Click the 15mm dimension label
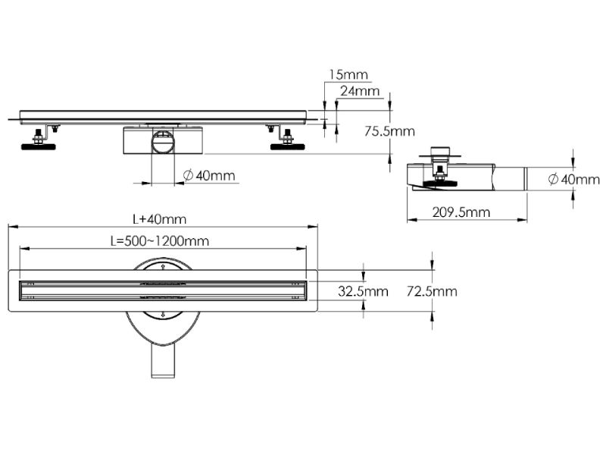(348, 74)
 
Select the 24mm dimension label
(360, 91)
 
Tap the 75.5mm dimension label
(389, 130)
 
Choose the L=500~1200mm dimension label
(159, 241)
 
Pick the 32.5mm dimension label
(363, 291)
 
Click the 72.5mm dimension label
(432, 291)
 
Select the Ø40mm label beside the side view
(573, 179)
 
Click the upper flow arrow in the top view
(163, 268)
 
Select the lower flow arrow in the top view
(163, 313)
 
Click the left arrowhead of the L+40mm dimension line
(11, 226)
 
